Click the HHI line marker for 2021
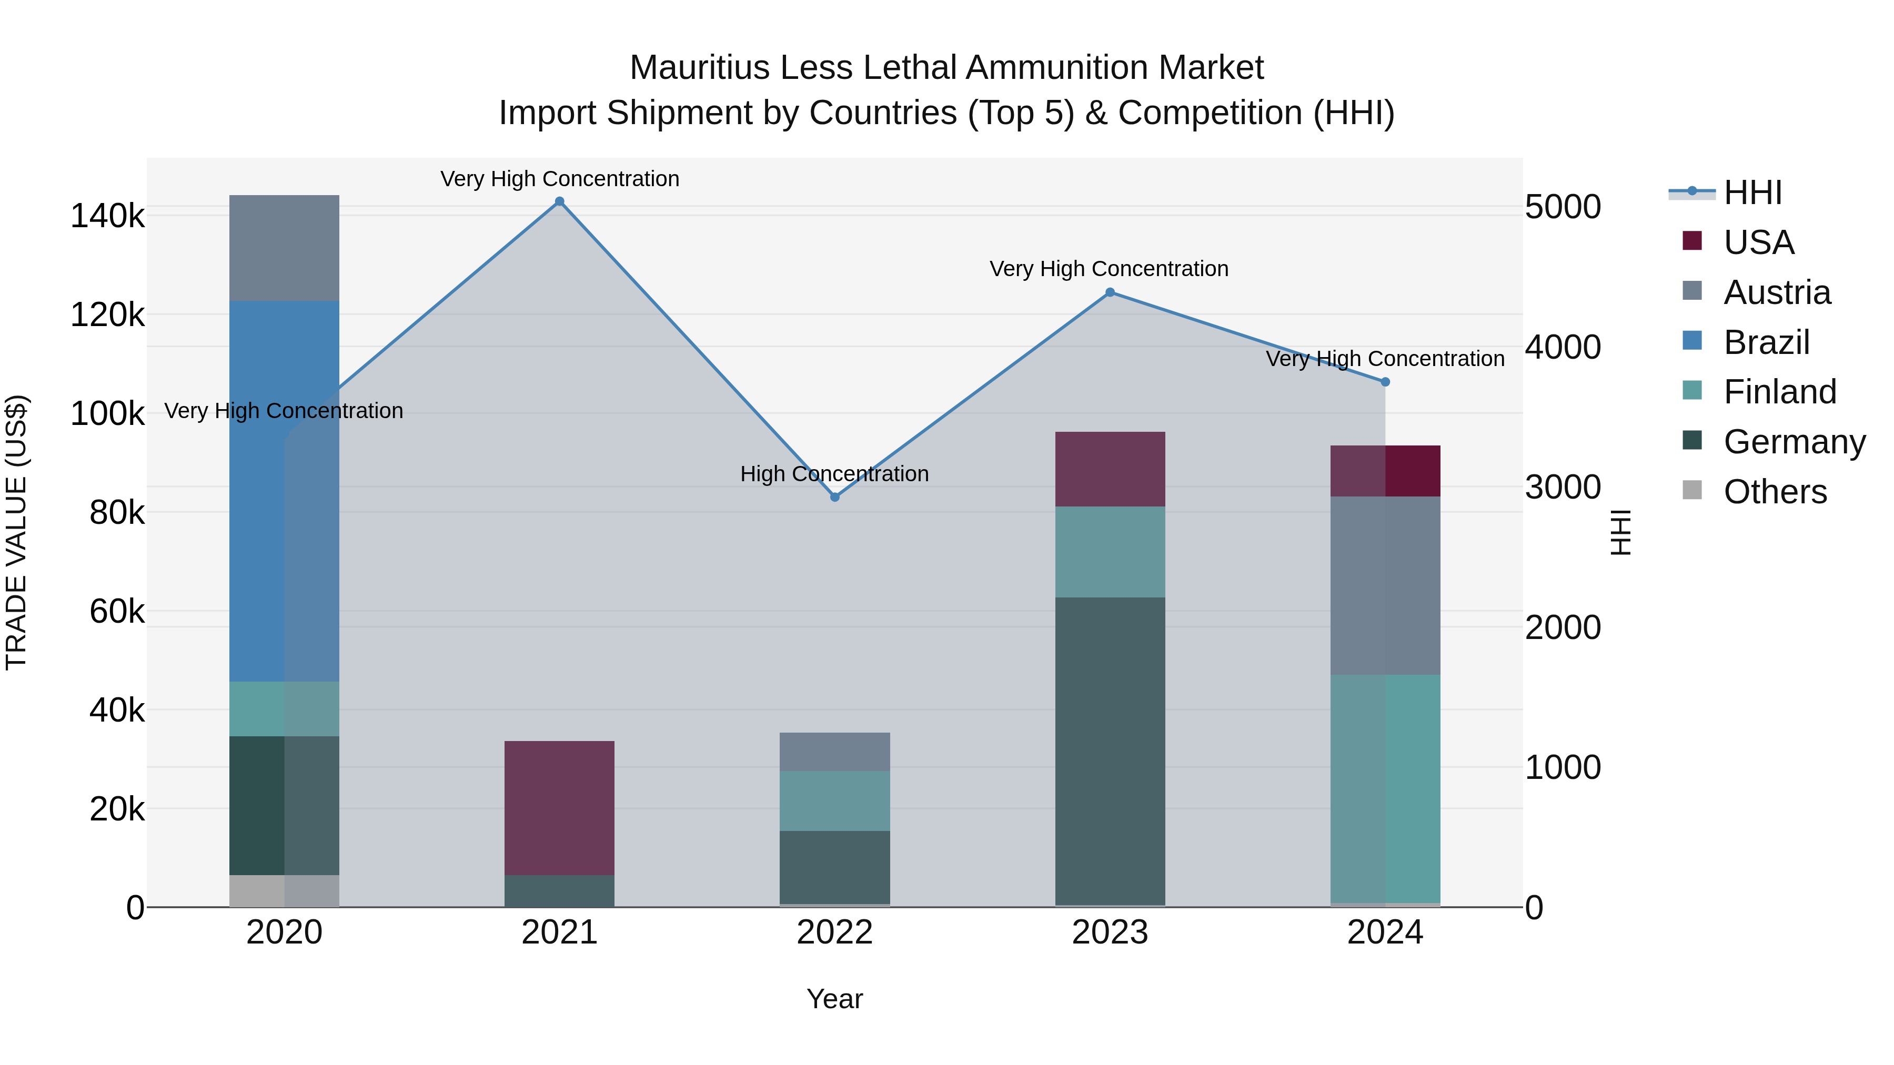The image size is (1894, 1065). pos(560,201)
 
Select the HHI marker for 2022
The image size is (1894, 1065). pos(834,498)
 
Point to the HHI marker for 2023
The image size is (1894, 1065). pos(1110,292)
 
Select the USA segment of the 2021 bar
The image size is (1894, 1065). pos(560,808)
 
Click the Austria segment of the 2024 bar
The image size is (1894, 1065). pos(1385,586)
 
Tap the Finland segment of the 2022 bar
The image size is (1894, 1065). pos(834,801)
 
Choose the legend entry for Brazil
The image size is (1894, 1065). pos(1766,342)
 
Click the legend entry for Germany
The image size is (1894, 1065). pos(1794,442)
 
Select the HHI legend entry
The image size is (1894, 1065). pos(1752,192)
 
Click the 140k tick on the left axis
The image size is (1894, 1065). pos(107,217)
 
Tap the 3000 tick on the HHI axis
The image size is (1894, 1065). pos(1563,488)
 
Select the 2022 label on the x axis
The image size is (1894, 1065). pos(834,932)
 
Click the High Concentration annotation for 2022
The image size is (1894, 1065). pos(834,474)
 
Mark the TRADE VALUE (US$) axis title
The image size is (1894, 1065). pos(17,532)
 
